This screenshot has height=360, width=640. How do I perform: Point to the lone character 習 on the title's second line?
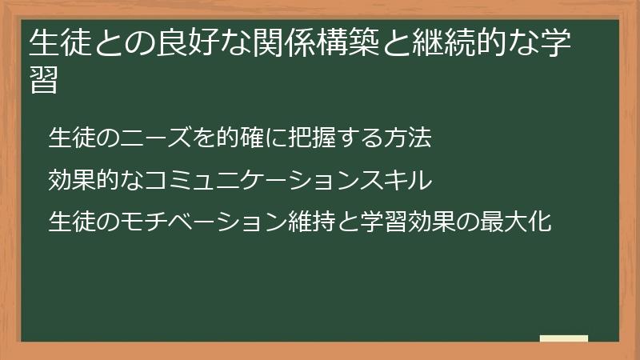click(43, 80)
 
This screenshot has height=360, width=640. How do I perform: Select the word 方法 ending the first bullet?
click(410, 138)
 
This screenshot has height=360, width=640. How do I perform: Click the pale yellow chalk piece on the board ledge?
click(564, 338)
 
